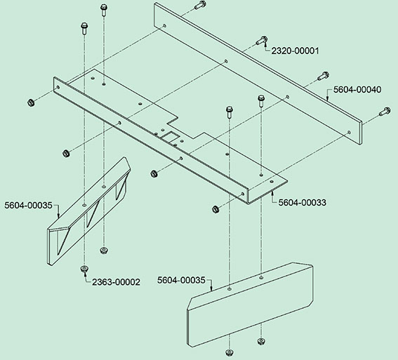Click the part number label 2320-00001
(x=295, y=51)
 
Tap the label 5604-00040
(x=357, y=90)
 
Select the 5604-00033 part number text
(x=302, y=202)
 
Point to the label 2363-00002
(x=116, y=282)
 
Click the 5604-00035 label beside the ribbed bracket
(x=28, y=205)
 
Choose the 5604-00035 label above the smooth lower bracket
(x=181, y=280)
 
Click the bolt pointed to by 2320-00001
(x=261, y=40)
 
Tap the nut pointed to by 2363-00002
(x=84, y=268)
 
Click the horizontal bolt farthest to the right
(x=385, y=112)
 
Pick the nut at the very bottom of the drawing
(x=230, y=353)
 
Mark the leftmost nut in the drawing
(x=31, y=102)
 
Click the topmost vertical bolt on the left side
(x=104, y=10)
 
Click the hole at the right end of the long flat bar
(x=350, y=133)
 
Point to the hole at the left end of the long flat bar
(x=164, y=26)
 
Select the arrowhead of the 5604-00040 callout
(x=327, y=99)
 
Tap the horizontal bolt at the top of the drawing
(x=200, y=5)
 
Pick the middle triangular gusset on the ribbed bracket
(x=92, y=213)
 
